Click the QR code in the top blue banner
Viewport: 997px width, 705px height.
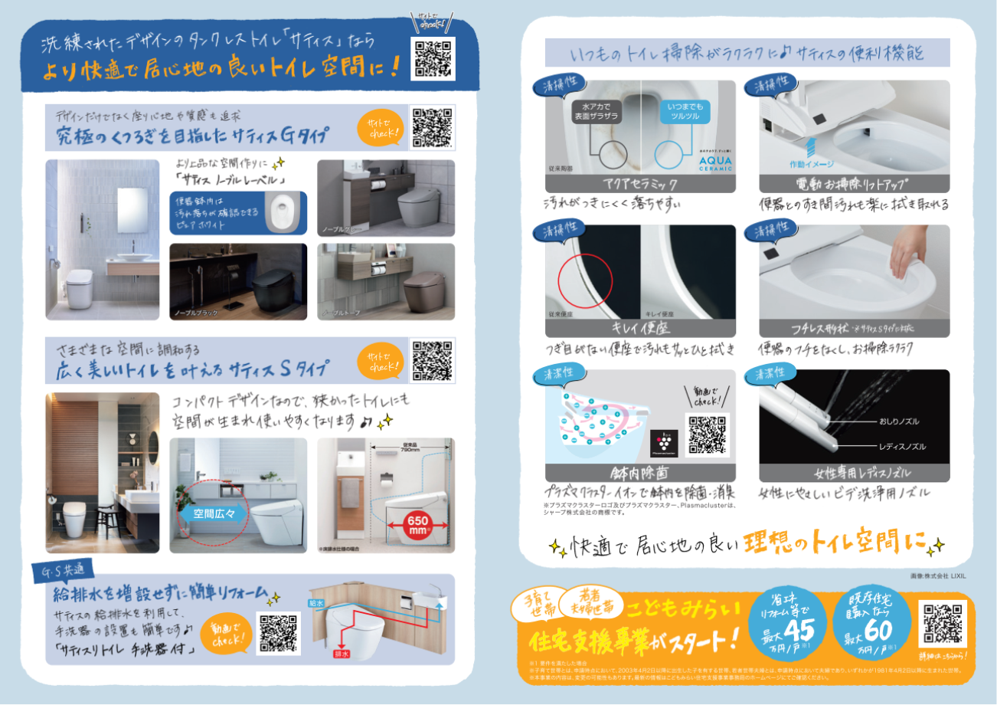pos(433,58)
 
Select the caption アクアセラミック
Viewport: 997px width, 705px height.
pos(640,184)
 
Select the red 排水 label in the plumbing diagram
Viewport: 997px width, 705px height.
pos(340,654)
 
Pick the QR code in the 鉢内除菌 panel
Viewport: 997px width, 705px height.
pos(707,434)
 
